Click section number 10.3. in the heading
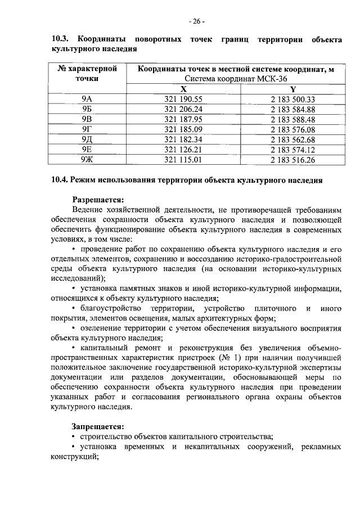60,39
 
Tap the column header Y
292,89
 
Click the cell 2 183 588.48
292,119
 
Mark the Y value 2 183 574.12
292,150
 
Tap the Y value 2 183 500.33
292,99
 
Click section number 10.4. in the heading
60,181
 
